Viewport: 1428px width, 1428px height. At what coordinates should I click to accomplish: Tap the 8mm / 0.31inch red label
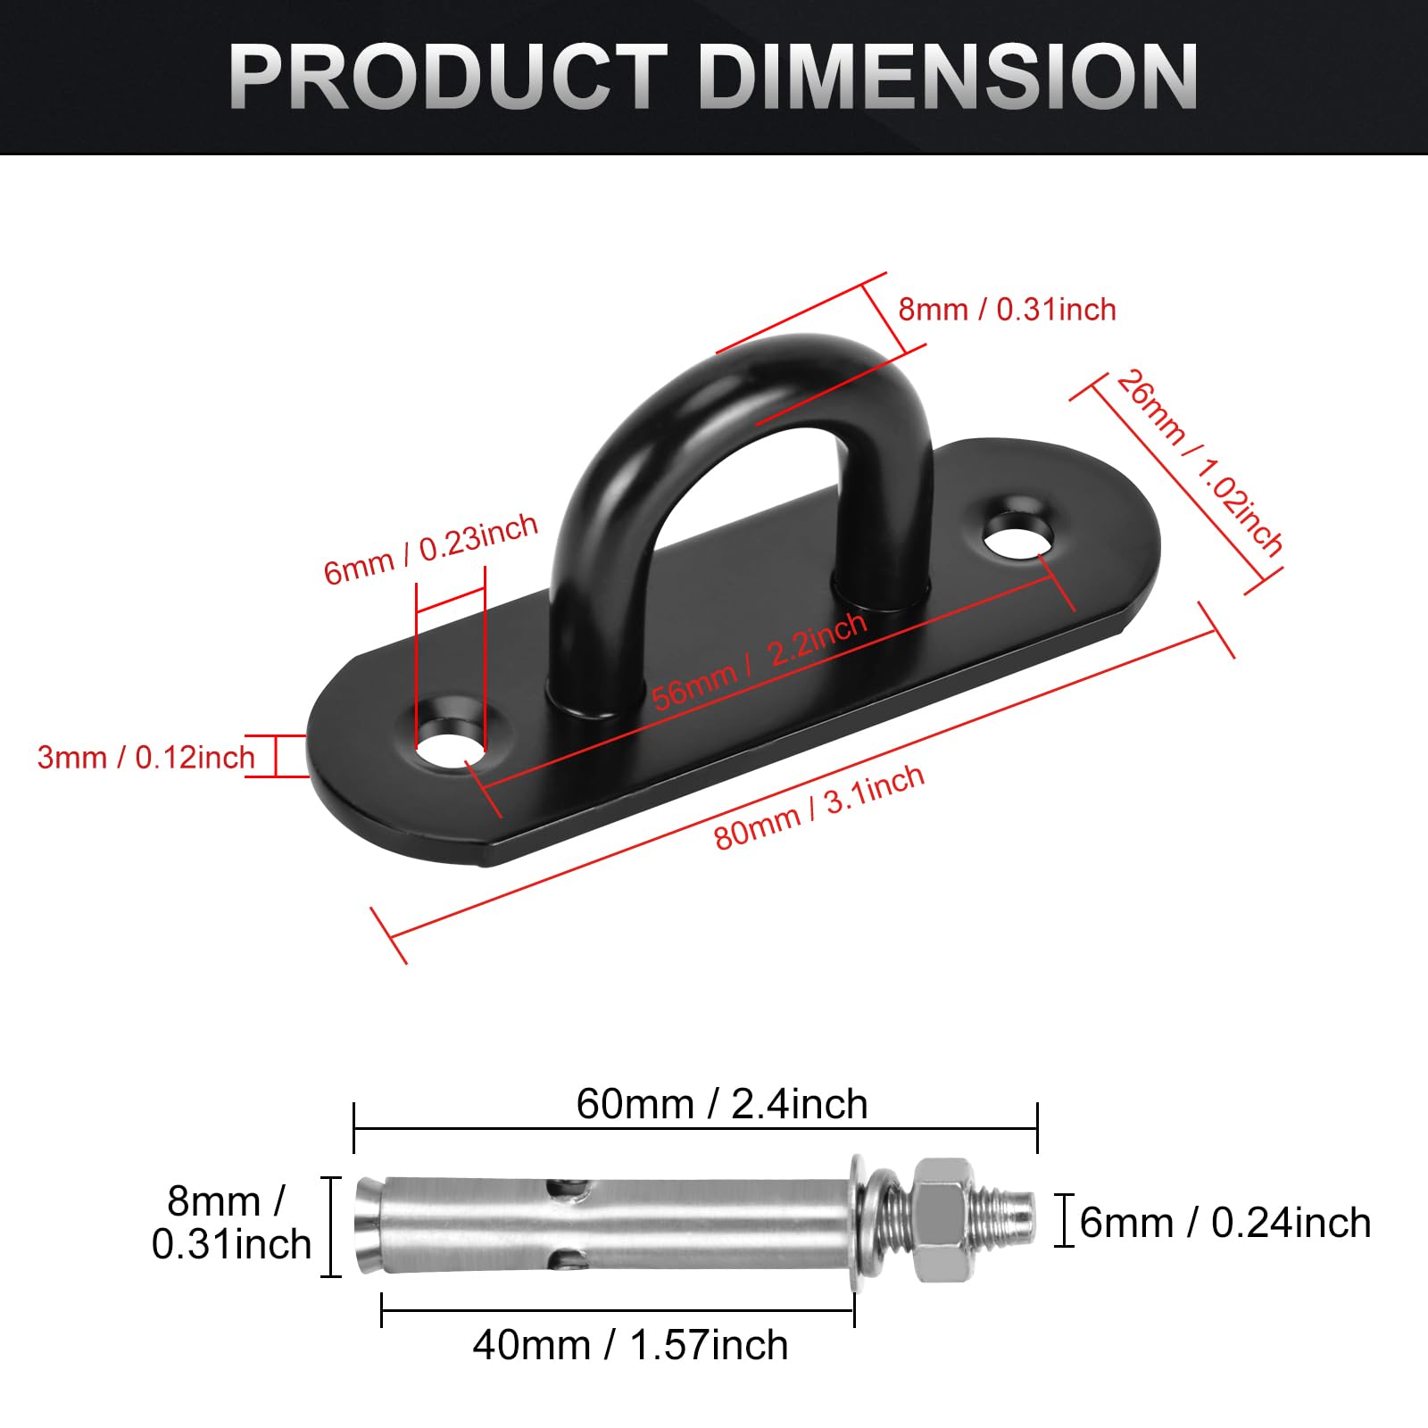tap(1007, 310)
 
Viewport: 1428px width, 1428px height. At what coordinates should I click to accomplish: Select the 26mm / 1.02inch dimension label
tap(1200, 464)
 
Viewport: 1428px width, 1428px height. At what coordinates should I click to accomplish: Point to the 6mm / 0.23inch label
tap(430, 549)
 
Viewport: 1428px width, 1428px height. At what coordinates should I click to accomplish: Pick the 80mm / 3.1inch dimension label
tap(818, 808)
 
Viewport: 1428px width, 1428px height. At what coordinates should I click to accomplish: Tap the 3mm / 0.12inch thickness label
tap(145, 758)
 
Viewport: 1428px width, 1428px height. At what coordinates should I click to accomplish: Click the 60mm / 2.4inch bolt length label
tap(721, 1104)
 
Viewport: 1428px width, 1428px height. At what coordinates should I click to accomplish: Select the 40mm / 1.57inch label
tap(630, 1345)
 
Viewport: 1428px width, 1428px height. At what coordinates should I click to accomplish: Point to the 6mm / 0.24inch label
tap(1225, 1223)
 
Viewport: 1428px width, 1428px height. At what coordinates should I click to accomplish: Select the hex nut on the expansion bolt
tap(942, 1219)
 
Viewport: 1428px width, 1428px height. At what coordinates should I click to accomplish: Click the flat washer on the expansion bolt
tap(859, 1221)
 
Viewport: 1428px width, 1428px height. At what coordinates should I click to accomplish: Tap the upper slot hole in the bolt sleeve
tap(569, 1189)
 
